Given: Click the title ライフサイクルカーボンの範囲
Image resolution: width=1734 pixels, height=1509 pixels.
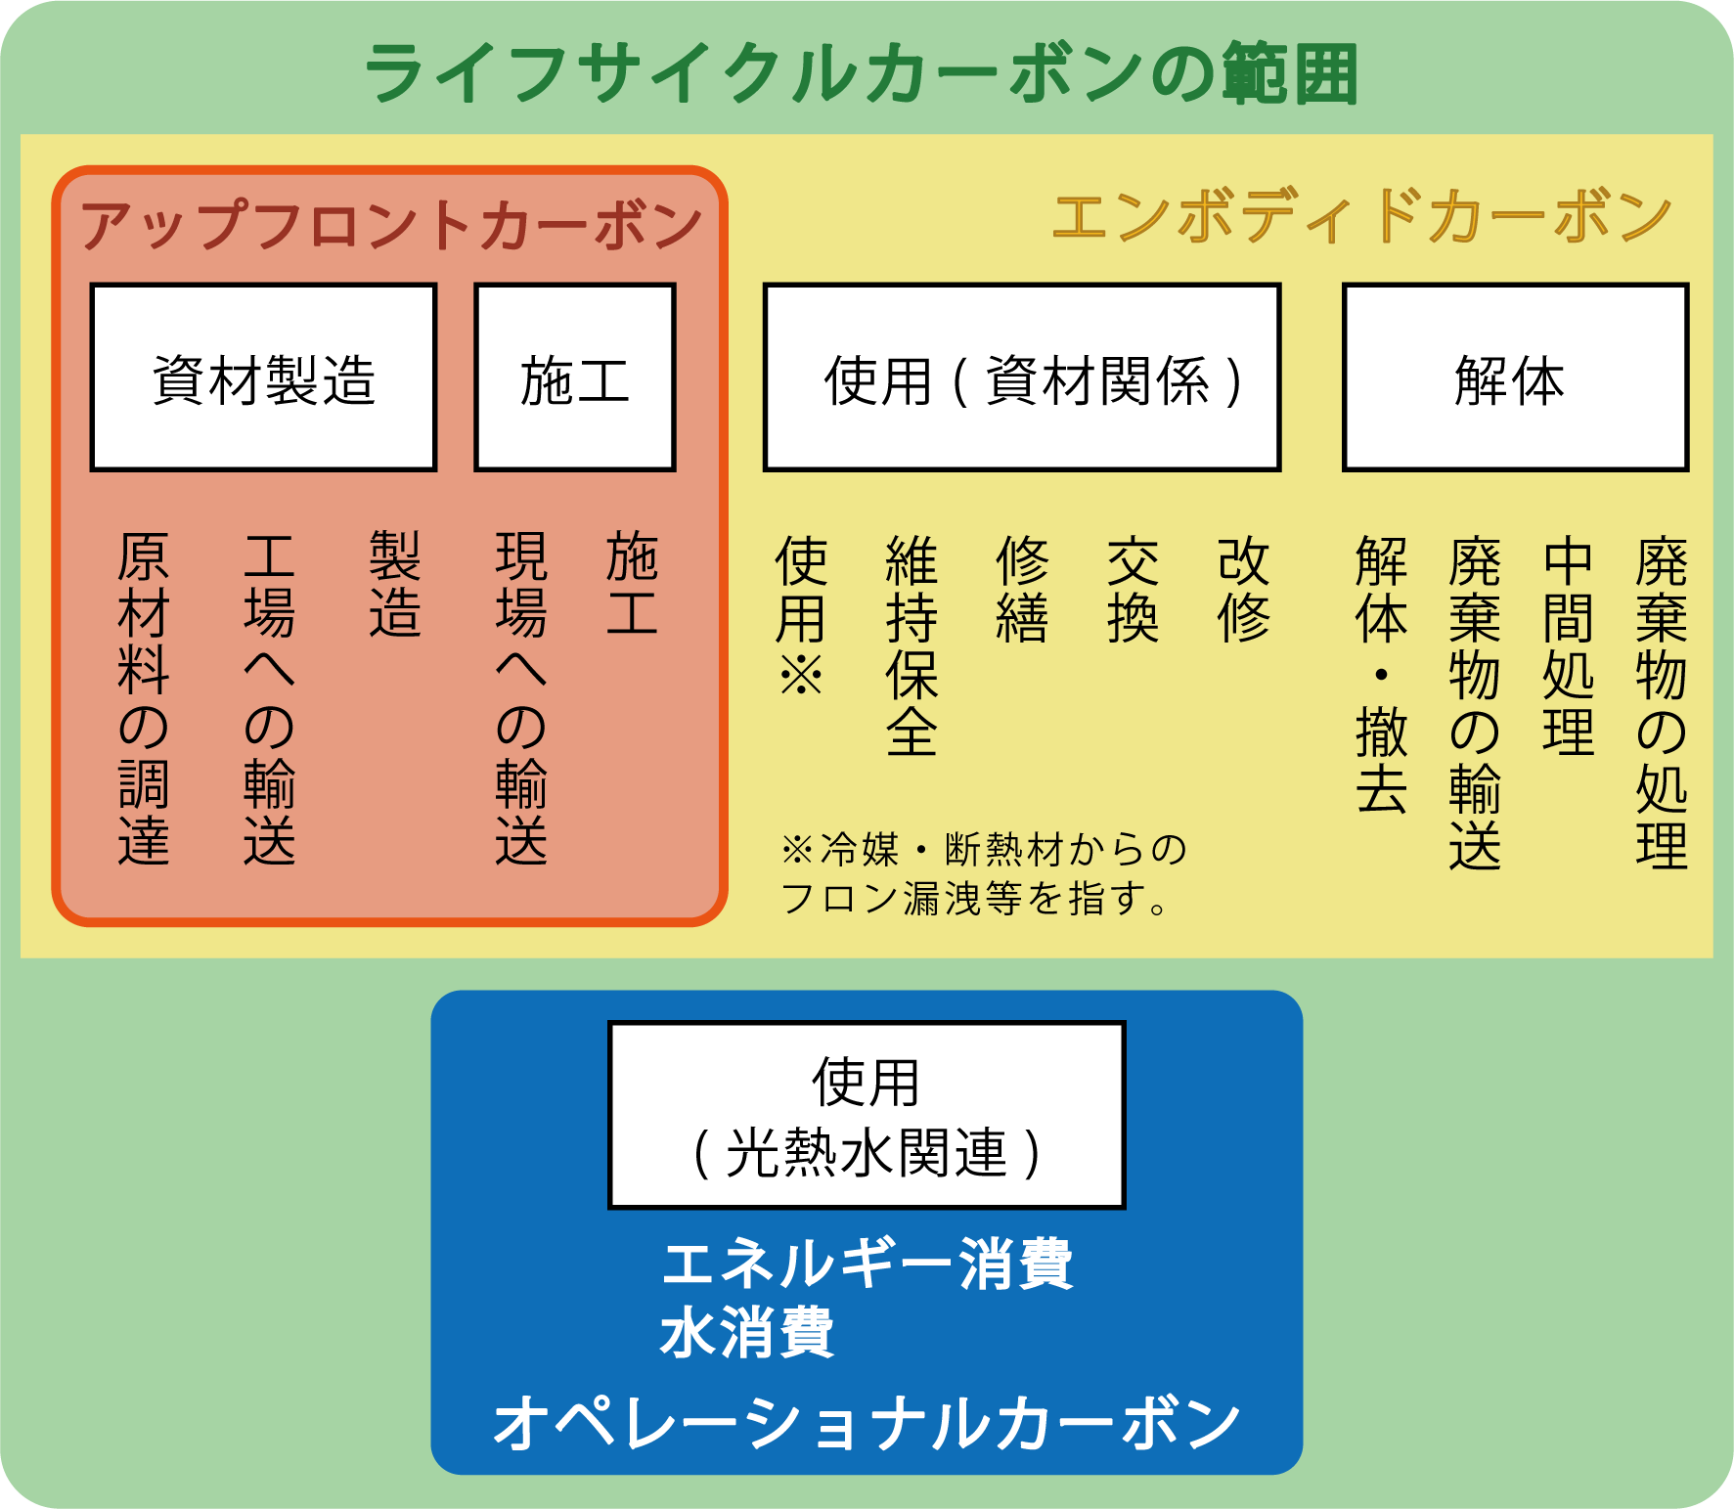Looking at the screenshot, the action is pos(861,74).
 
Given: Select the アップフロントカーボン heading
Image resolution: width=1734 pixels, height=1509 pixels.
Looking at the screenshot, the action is pos(391,226).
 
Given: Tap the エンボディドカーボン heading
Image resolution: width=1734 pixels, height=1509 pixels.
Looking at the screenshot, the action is pos(1361,217).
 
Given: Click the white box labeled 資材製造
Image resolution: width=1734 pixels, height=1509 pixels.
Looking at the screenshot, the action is pos(263,377).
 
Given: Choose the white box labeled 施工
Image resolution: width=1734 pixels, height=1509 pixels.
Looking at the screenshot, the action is pos(575,377).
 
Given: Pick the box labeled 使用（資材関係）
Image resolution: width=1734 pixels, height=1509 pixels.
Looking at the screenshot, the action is pos(1022,377).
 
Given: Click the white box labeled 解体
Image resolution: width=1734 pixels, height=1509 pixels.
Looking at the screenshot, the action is pos(1515,377).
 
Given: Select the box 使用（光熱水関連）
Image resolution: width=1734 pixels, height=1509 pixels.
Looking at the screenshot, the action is pos(867,1115).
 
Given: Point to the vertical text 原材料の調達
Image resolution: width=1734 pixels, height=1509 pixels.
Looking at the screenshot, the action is pos(144,698).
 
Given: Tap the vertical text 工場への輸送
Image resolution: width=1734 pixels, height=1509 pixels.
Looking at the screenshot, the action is pos(269,698).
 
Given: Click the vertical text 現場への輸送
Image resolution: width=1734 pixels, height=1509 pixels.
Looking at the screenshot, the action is pos(521,698).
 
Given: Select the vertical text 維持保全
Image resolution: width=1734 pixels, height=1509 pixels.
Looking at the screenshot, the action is pos(911,645).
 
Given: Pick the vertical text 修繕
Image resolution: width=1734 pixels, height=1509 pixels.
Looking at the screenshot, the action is pos(1022,589).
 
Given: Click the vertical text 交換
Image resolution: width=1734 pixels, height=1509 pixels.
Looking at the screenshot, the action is pos(1133,589).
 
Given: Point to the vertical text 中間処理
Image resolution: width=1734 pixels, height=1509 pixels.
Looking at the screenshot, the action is pos(1568,645).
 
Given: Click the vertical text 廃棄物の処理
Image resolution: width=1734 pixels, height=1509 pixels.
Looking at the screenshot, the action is pos(1661,700).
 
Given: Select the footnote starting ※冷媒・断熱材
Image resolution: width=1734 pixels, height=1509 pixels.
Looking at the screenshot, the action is pos(983,873).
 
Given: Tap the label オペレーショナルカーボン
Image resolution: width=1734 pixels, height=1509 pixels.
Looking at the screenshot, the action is pos(867,1424).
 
